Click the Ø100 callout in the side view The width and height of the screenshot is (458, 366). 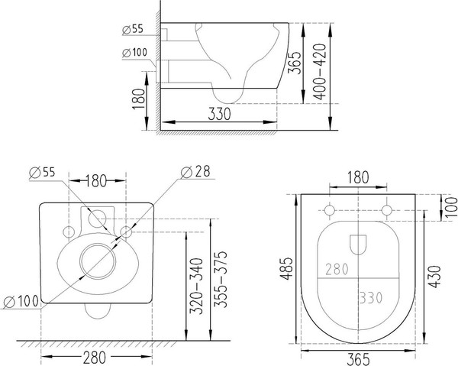tap(134, 53)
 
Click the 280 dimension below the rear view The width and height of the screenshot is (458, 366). tap(95, 355)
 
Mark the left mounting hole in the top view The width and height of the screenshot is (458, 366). tap(329, 210)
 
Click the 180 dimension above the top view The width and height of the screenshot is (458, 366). tap(358, 177)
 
